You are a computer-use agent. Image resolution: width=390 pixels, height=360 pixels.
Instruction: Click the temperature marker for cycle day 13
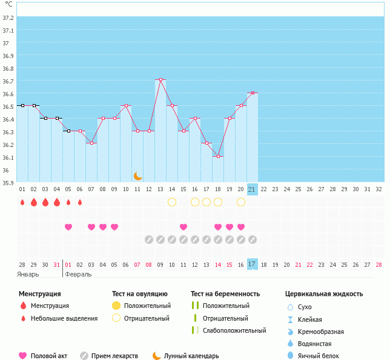tap(160, 80)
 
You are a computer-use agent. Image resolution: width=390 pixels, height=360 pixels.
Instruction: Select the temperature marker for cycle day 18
tap(218, 156)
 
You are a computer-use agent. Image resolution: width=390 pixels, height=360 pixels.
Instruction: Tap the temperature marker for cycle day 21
tap(253, 93)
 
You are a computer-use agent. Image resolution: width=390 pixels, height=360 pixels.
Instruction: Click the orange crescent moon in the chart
tap(138, 175)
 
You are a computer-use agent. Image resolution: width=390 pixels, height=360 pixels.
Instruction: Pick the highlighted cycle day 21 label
tap(253, 189)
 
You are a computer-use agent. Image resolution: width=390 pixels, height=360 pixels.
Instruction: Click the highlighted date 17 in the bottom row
tap(253, 264)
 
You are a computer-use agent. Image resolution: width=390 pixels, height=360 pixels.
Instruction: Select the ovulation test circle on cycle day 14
tap(172, 202)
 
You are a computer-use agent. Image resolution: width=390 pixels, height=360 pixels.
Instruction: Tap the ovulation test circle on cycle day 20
tap(241, 202)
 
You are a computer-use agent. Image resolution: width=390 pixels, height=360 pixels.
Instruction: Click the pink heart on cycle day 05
tap(68, 227)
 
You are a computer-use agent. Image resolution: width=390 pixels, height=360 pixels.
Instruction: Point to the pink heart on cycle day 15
tap(183, 227)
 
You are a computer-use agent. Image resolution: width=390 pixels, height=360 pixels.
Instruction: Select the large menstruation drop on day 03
tap(45, 202)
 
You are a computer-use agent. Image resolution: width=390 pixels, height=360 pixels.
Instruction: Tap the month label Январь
tap(28, 274)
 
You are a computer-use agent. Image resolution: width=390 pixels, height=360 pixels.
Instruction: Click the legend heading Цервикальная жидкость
tap(324, 294)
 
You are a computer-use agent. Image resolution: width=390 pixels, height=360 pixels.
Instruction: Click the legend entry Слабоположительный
tap(234, 330)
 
